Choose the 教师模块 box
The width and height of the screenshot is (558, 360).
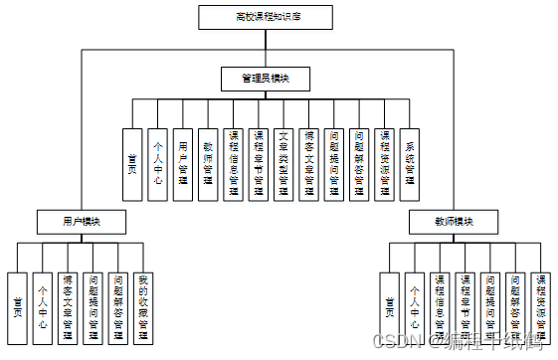(x=454, y=220)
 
